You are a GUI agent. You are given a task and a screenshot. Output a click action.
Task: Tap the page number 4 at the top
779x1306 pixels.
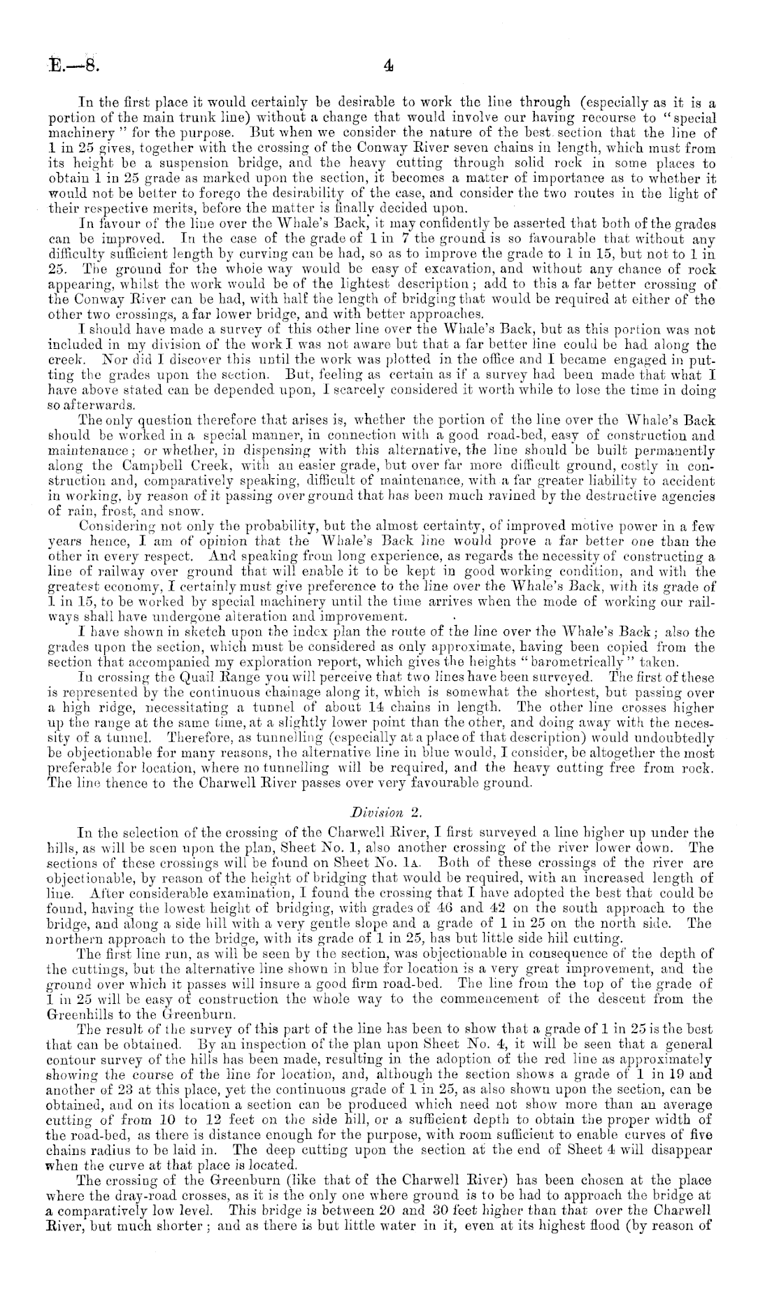(389, 67)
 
